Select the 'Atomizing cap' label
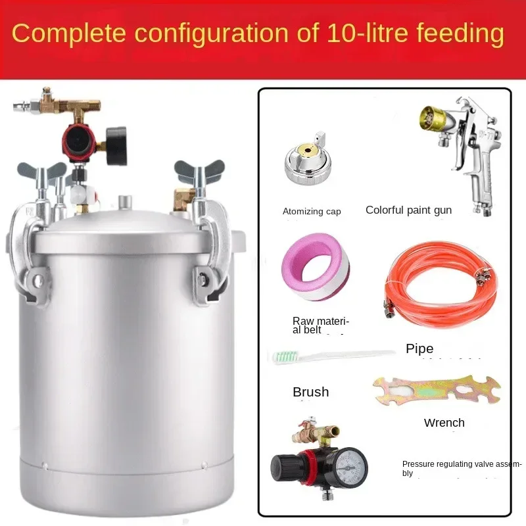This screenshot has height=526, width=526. tap(312, 211)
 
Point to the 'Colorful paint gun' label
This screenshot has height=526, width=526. tap(408, 210)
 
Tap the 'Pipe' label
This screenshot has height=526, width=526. tap(419, 348)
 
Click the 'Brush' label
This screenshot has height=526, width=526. tap(310, 392)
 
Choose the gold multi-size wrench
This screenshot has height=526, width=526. tap(437, 391)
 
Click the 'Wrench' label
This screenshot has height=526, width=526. tap(444, 422)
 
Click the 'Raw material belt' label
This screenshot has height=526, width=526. tap(320, 325)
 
